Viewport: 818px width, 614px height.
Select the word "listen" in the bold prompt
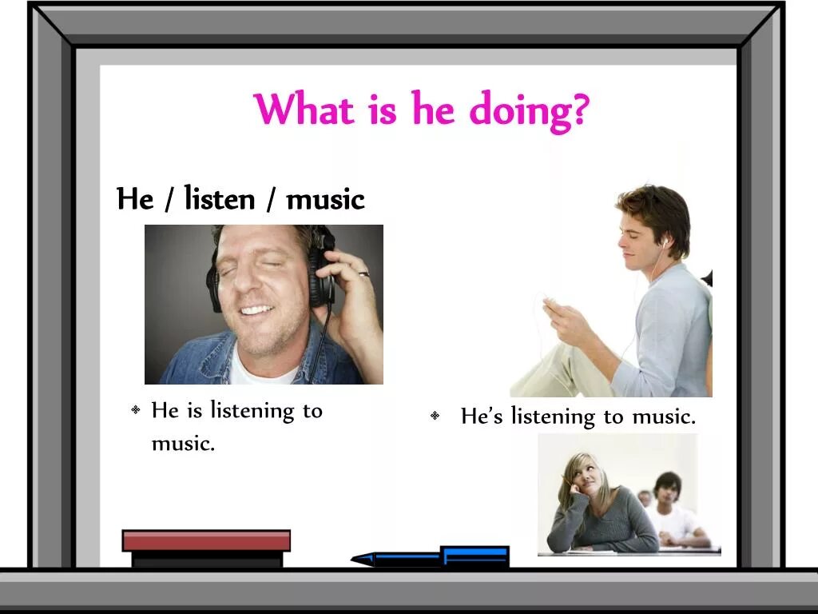click(x=220, y=198)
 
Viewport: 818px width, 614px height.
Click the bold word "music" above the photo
click(x=325, y=198)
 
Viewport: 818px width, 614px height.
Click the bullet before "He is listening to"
click(x=136, y=410)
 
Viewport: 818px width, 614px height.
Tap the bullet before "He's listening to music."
click(x=435, y=416)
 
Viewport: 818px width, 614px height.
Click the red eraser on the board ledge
click(x=206, y=541)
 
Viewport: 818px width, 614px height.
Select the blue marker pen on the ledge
click(x=431, y=556)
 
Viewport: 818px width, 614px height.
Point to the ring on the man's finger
click(x=363, y=274)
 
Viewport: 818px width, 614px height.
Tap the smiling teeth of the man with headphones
click(x=257, y=309)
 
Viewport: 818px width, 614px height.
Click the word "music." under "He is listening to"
click(x=183, y=444)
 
